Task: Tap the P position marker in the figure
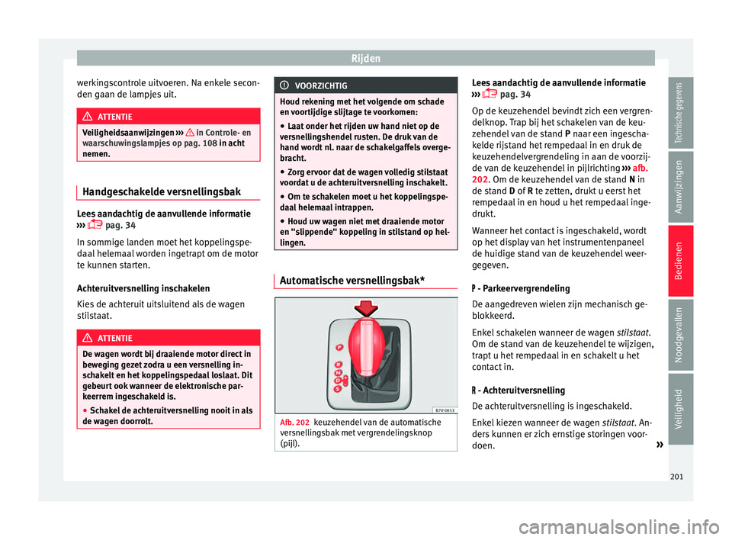pos(339,346)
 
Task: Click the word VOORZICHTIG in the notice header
pos(326,86)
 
